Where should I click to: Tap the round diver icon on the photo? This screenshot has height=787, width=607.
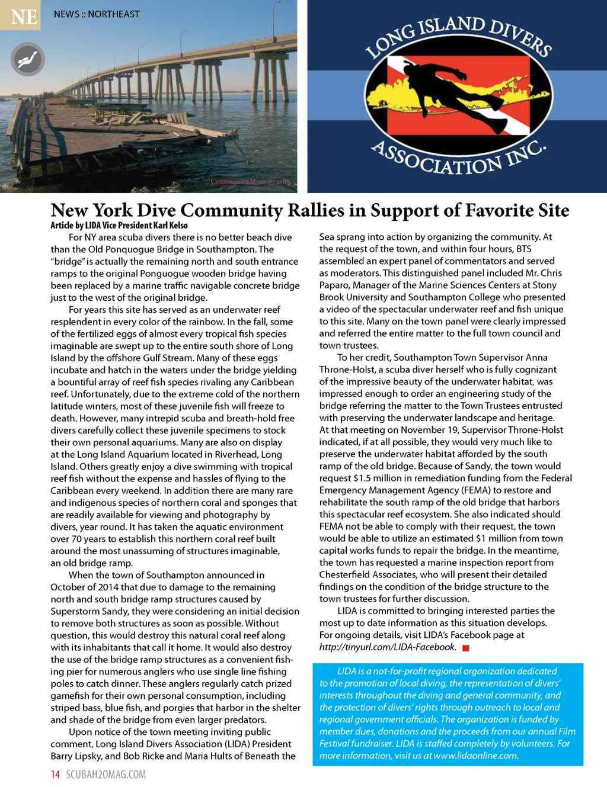[x=27, y=59]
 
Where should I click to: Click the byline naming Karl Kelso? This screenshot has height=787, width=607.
[x=119, y=225]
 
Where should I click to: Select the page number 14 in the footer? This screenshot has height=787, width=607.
[x=55, y=774]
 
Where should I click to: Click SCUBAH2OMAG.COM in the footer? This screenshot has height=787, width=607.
[x=106, y=774]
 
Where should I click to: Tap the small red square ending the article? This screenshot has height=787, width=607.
[x=466, y=648]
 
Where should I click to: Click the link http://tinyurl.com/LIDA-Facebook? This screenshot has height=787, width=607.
[x=388, y=647]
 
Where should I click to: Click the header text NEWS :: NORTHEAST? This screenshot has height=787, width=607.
[x=97, y=14]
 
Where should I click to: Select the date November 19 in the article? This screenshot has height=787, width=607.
[x=429, y=430]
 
